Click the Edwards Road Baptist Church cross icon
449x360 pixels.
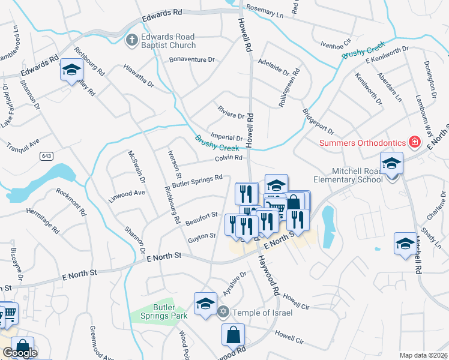click(131, 40)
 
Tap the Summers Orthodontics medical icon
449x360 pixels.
click(414, 142)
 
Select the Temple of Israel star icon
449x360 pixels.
click(223, 312)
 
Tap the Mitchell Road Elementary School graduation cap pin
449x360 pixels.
click(391, 163)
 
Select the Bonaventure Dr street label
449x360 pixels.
click(191, 59)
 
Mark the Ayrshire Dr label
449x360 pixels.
click(235, 283)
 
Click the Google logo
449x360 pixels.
click(20, 353)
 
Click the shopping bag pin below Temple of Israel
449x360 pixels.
click(233, 335)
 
